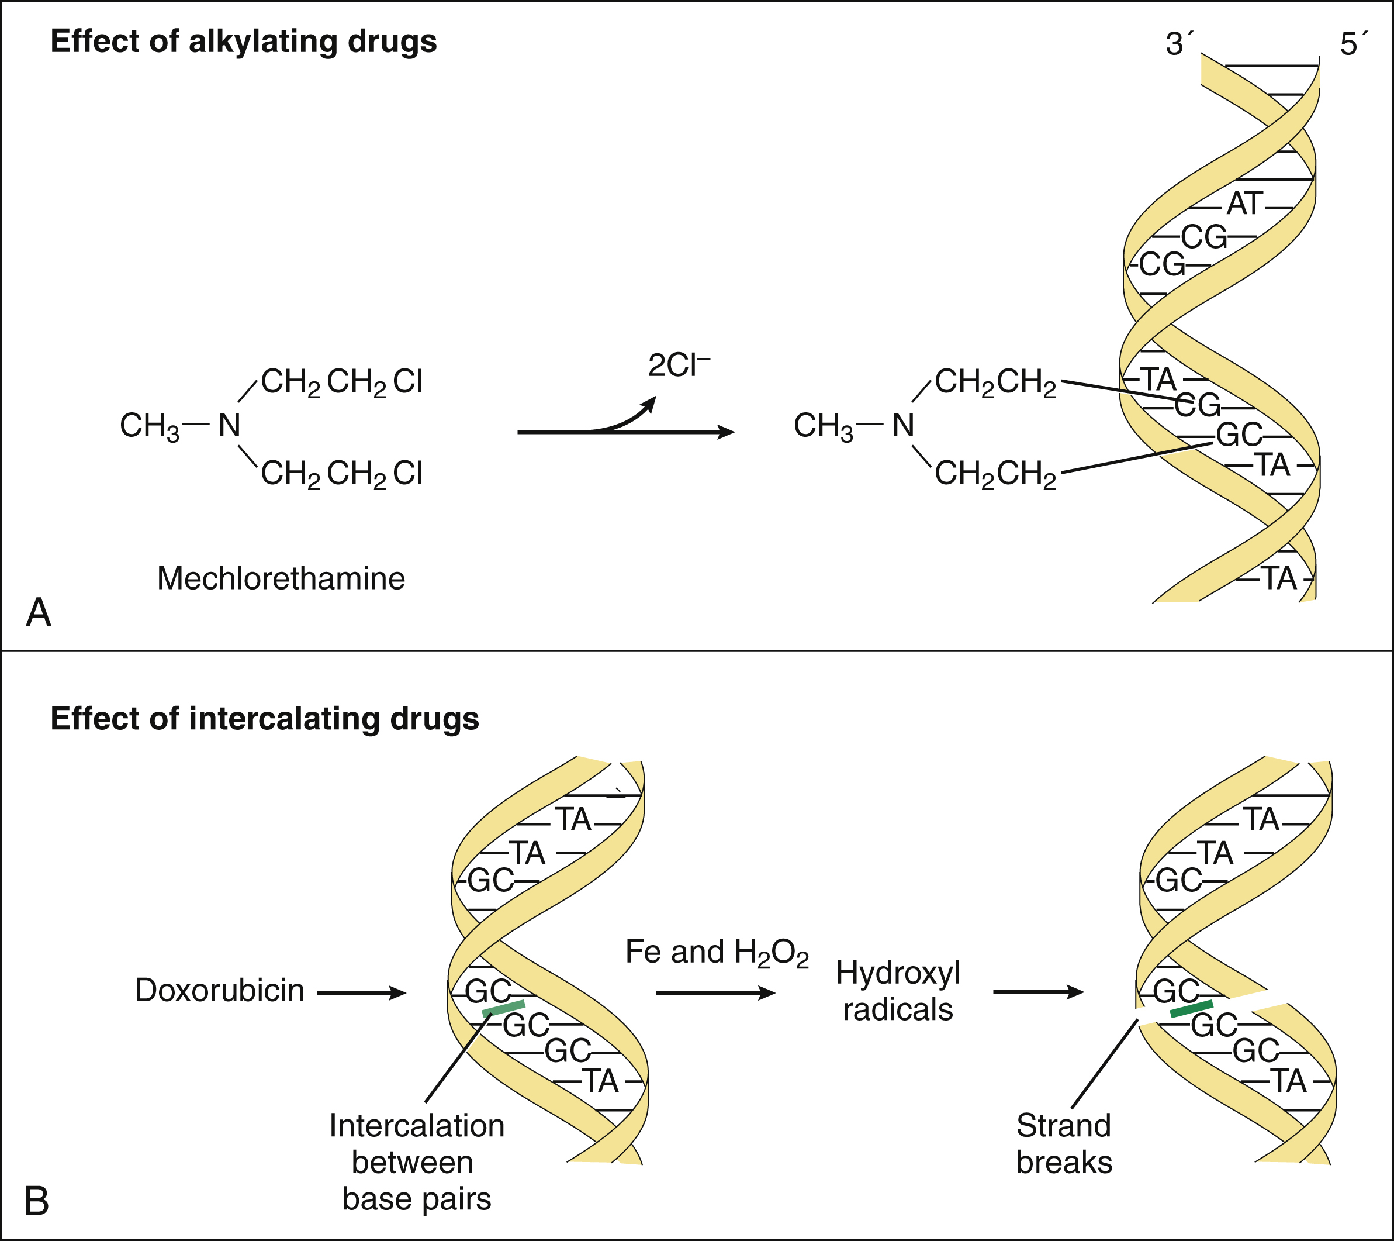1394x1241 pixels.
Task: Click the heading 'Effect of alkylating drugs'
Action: [x=244, y=42]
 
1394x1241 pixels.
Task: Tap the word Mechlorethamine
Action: [x=281, y=578]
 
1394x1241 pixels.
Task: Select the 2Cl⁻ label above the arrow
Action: [x=678, y=366]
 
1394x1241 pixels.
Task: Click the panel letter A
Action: [x=39, y=613]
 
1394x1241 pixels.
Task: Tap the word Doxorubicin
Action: [x=220, y=990]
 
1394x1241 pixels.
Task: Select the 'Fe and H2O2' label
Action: [x=717, y=953]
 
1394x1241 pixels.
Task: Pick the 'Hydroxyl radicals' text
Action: [x=898, y=991]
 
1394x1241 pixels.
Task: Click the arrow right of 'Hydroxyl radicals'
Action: [x=1038, y=991]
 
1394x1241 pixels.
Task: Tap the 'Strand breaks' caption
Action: [x=1064, y=1143]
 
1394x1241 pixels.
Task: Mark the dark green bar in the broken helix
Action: [x=1191, y=1009]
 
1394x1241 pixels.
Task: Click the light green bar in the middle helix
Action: [x=503, y=1009]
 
